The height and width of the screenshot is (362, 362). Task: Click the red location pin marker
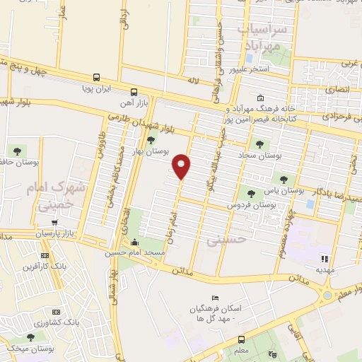182,166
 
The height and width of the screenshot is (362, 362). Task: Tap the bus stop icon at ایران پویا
96,78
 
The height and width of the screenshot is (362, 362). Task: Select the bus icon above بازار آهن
134,92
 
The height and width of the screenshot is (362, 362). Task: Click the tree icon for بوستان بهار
150,139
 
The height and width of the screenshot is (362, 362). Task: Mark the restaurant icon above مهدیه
325,259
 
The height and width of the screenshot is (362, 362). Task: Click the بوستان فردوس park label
251,204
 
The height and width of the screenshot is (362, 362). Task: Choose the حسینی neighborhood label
222,240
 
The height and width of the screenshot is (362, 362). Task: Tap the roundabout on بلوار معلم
327,293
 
